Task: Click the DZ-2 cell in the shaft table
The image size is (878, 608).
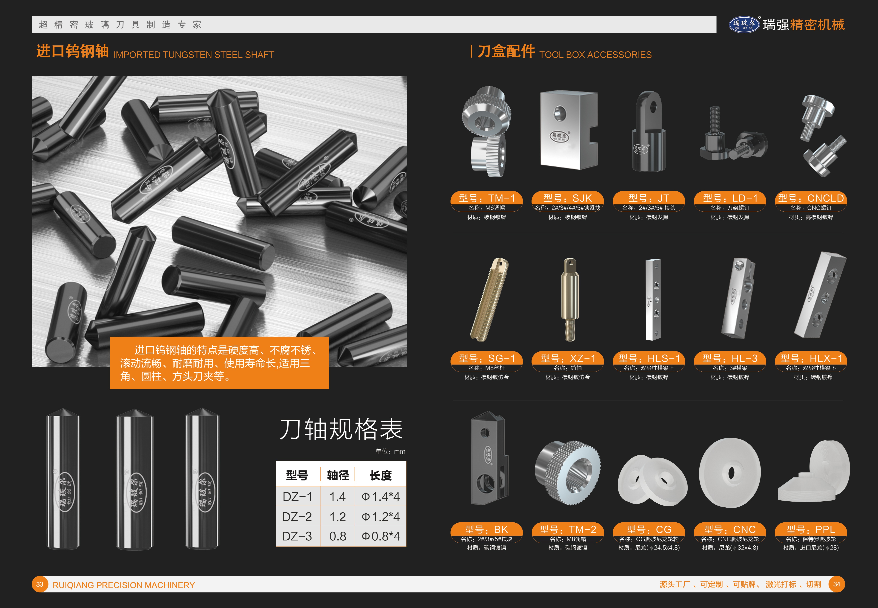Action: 297,517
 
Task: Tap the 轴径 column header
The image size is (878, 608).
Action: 338,475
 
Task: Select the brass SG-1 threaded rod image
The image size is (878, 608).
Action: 490,299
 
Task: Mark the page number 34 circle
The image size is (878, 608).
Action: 836,584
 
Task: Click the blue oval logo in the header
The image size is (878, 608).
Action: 744,24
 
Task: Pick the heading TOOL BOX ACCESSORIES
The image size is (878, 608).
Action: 596,55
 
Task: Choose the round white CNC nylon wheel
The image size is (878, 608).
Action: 730,473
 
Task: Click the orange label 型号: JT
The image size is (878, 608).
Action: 649,198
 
